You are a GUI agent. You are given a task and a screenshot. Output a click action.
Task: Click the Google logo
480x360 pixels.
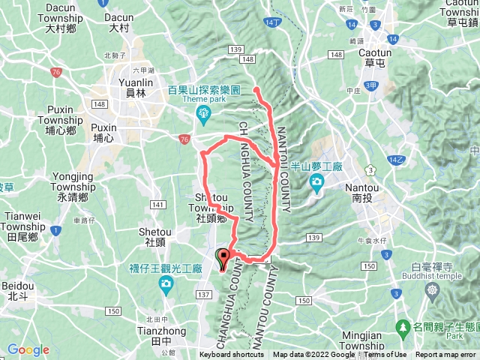(28, 349)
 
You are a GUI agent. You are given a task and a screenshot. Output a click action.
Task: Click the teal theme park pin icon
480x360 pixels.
(203, 114)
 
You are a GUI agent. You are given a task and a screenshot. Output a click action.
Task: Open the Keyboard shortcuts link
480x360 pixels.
(232, 355)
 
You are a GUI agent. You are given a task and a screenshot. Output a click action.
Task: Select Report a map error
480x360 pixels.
(446, 355)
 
